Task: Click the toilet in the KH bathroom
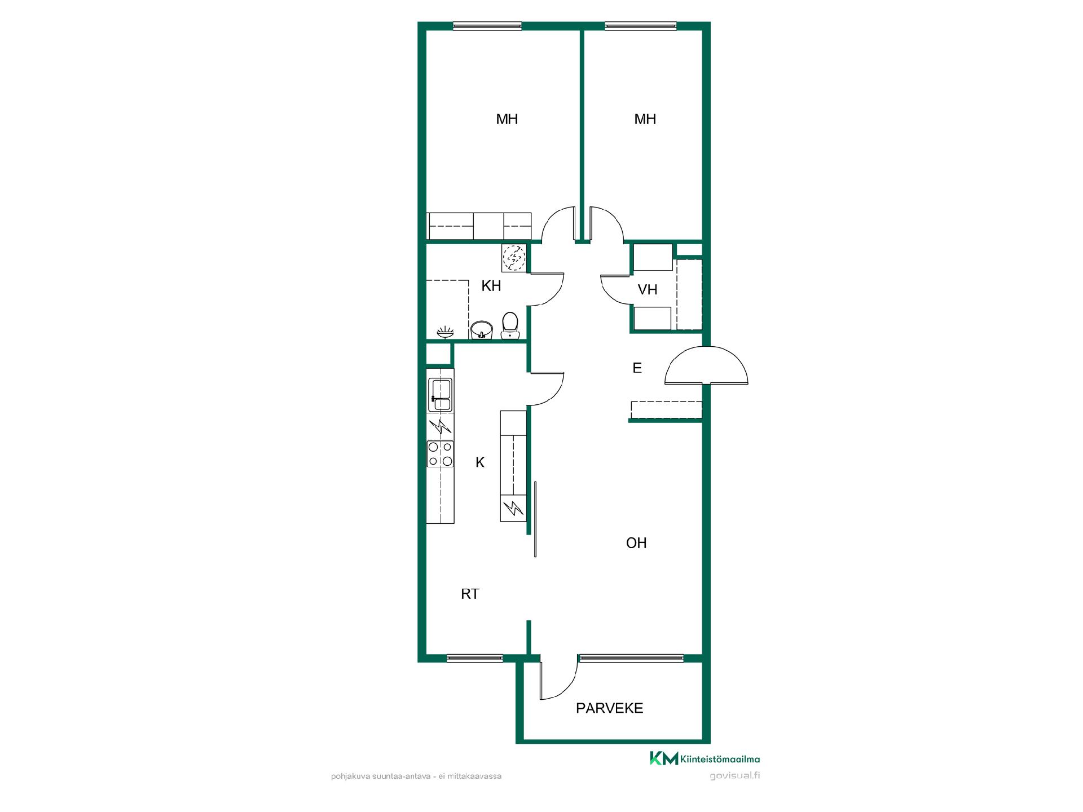point(510,326)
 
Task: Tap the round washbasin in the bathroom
point(481,329)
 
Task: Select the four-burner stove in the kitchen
point(440,454)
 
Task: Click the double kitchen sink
point(440,394)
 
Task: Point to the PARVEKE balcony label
point(609,708)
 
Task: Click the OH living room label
point(636,543)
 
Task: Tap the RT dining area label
point(470,594)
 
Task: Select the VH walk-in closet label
point(648,290)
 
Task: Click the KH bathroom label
point(491,286)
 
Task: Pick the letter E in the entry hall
point(637,368)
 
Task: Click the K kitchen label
point(480,462)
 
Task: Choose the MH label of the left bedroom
point(507,119)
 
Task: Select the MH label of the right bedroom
point(645,119)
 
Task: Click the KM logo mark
point(664,758)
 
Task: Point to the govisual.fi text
point(734,775)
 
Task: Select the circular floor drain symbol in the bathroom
point(514,258)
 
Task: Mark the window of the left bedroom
point(487,25)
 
